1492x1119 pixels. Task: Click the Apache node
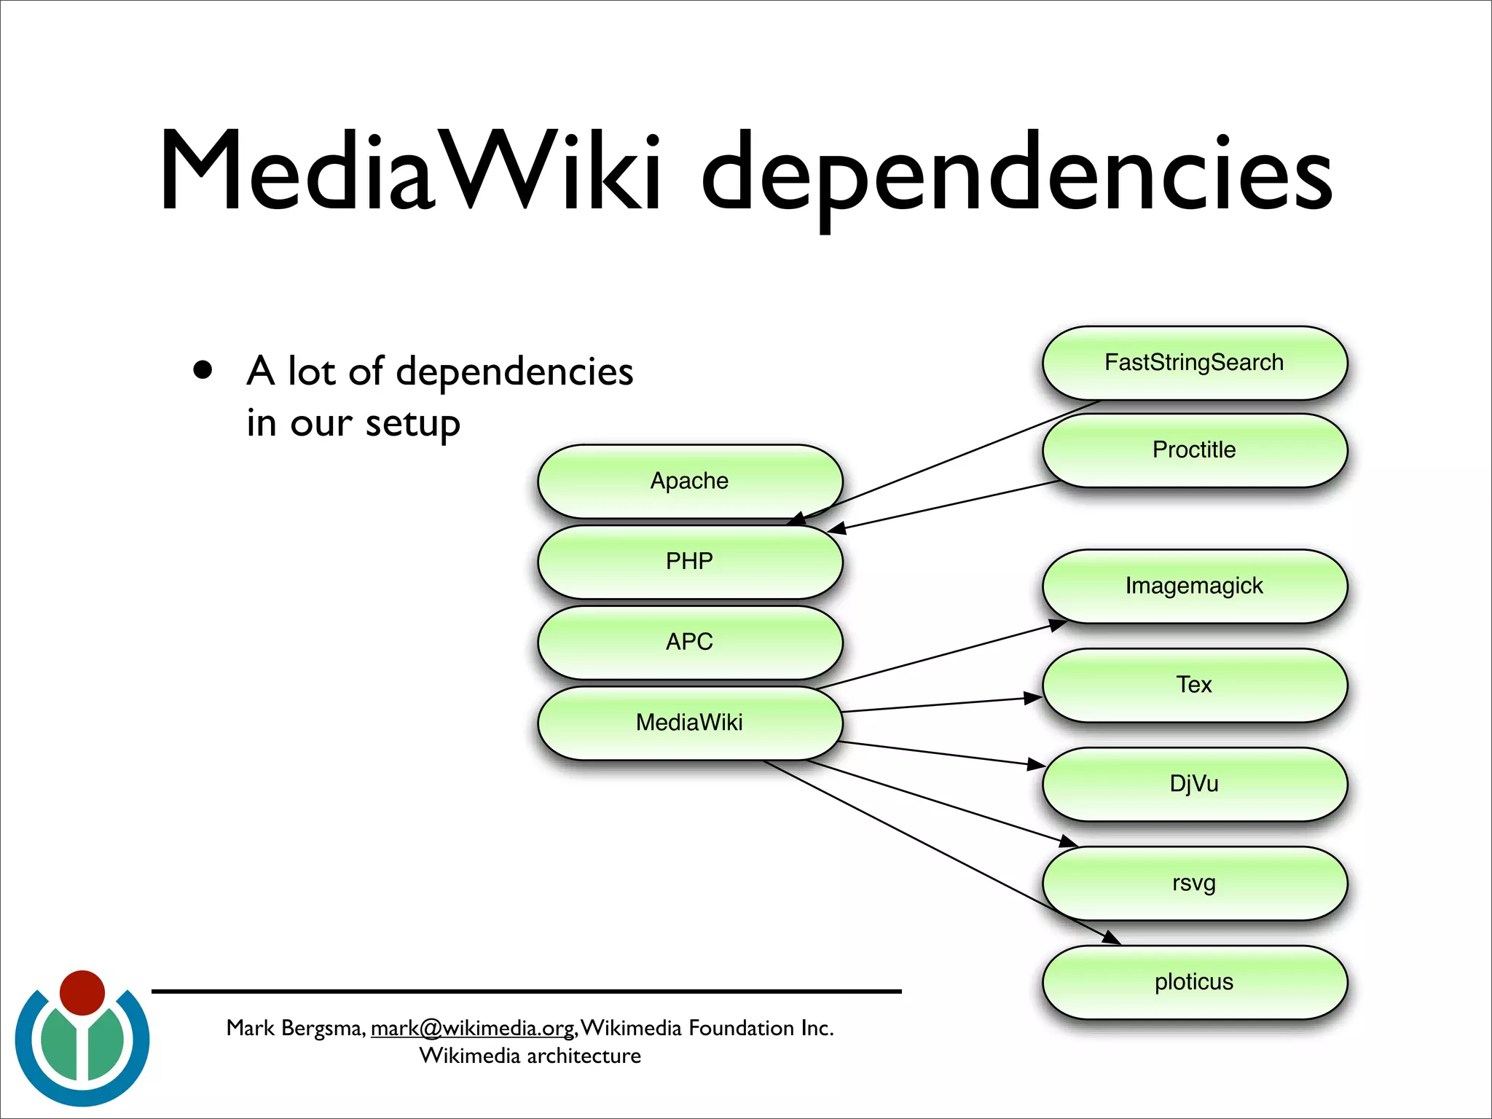tap(689, 481)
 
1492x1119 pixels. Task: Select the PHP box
tap(689, 562)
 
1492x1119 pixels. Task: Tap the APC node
tap(689, 642)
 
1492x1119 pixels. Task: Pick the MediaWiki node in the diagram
tap(689, 723)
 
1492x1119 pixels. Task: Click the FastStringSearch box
tap(1194, 362)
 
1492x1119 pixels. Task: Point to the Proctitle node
tap(1194, 449)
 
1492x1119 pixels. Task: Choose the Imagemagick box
tap(1194, 586)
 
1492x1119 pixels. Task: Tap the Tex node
tap(1194, 685)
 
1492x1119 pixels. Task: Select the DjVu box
tap(1194, 784)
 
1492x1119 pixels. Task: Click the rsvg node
tap(1194, 883)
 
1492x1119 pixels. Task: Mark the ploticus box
tap(1194, 982)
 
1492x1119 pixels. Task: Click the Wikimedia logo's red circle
tap(82, 992)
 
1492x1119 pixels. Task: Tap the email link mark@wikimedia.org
tap(473, 1028)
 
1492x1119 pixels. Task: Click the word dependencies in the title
tap(1016, 175)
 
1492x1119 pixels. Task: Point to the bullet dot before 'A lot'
tap(203, 370)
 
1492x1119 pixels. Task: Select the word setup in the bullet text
tap(412, 424)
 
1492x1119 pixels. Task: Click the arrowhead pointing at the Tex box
tap(1034, 698)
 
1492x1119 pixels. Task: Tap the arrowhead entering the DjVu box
tap(1037, 763)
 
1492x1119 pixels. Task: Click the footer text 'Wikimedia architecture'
tap(530, 1056)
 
